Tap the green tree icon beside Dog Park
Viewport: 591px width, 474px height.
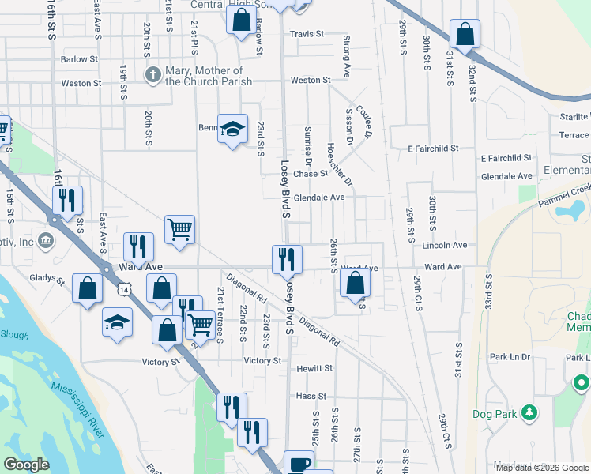click(530, 412)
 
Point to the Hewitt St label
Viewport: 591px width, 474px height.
click(314, 368)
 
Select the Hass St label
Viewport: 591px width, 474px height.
click(311, 396)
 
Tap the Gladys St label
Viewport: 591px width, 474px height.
click(48, 279)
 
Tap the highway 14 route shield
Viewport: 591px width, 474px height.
click(124, 291)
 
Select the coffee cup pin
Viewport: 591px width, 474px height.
click(299, 464)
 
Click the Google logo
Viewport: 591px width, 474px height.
click(26, 465)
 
